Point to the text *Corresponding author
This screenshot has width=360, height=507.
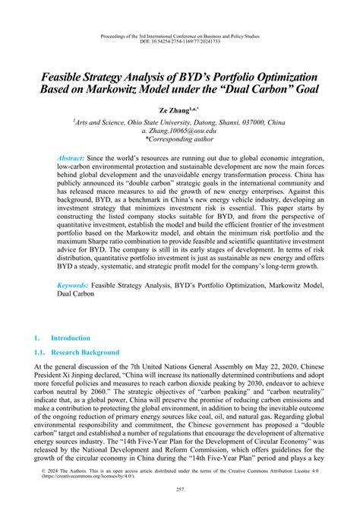coord(180,140)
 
